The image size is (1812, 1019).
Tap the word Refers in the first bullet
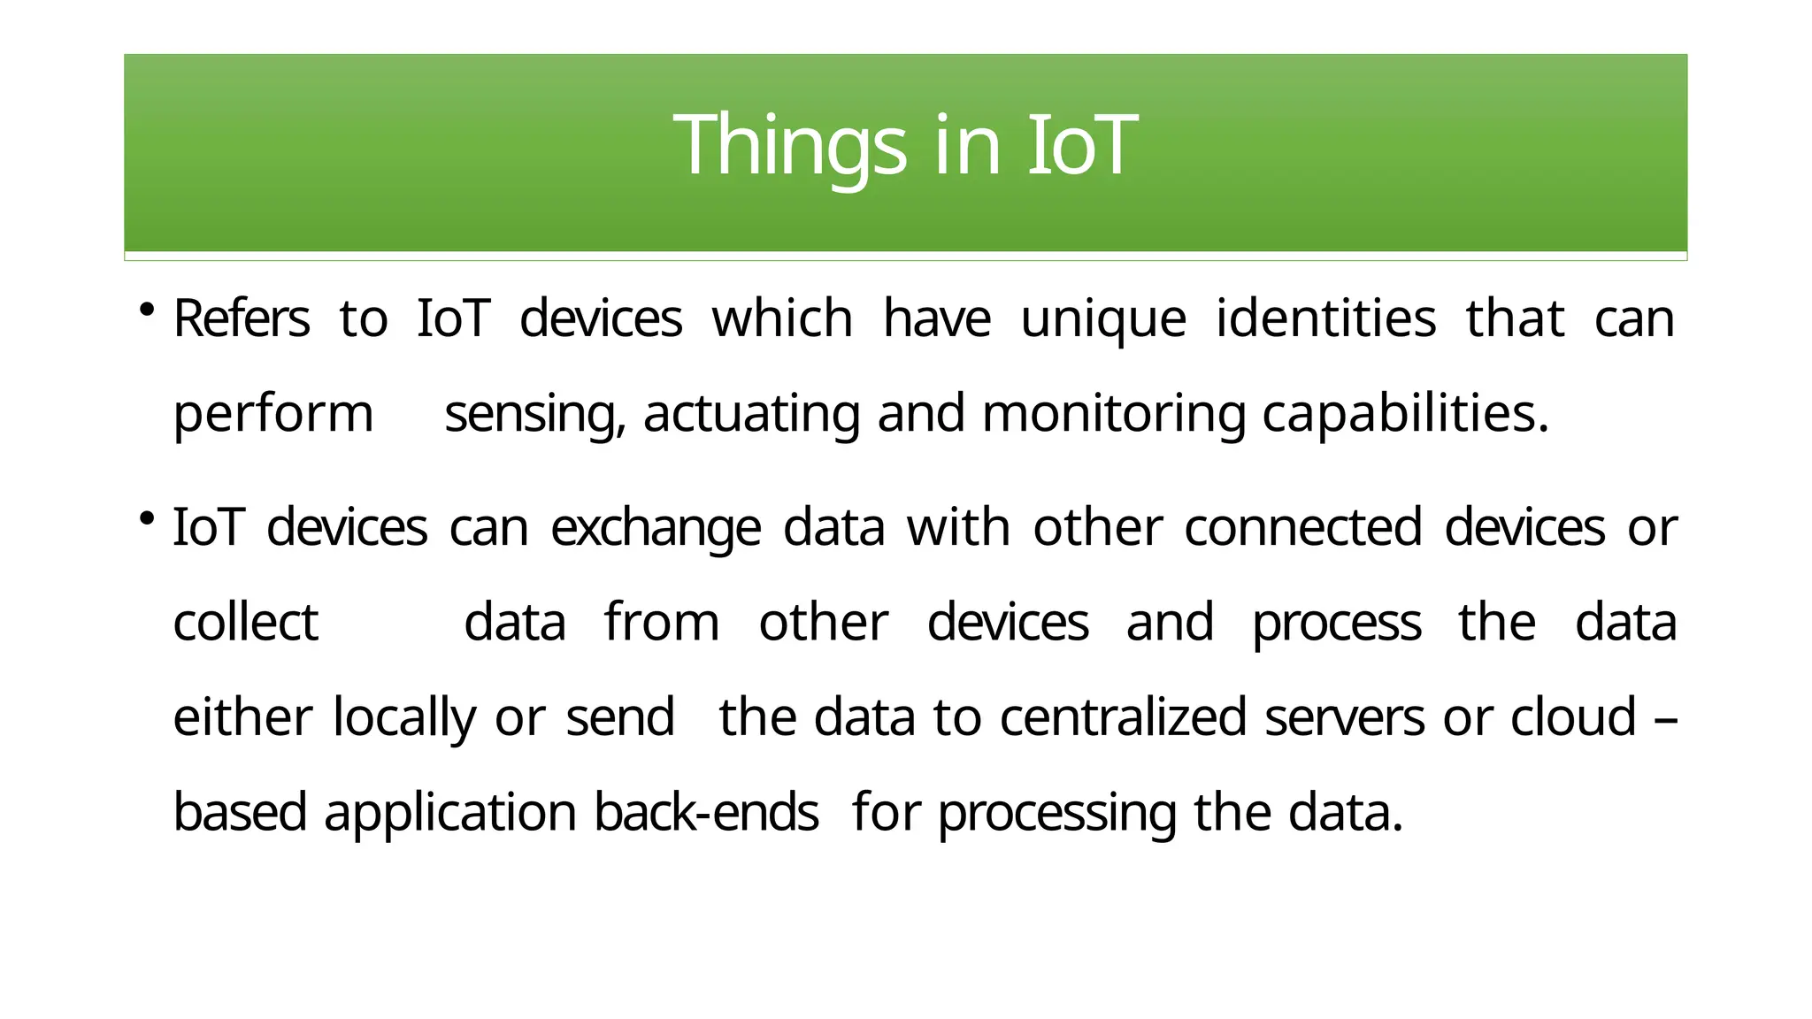tap(242, 319)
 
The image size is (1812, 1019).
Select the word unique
tap(1102, 319)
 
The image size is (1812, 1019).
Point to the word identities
tap(1325, 319)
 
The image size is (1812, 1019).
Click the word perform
tap(273, 414)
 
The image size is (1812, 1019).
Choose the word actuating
tap(751, 414)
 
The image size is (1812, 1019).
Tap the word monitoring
tap(1113, 414)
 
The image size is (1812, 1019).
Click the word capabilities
tap(1405, 414)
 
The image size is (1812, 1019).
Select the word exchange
tap(656, 528)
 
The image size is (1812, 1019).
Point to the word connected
tap(1302, 528)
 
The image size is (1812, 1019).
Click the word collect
tap(245, 622)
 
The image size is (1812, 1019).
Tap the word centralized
tap(1123, 717)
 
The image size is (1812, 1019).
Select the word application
tap(450, 812)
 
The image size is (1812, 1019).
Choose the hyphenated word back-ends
tap(706, 812)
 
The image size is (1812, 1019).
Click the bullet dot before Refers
tap(147, 310)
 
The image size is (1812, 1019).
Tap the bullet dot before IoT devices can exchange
tap(147, 517)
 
